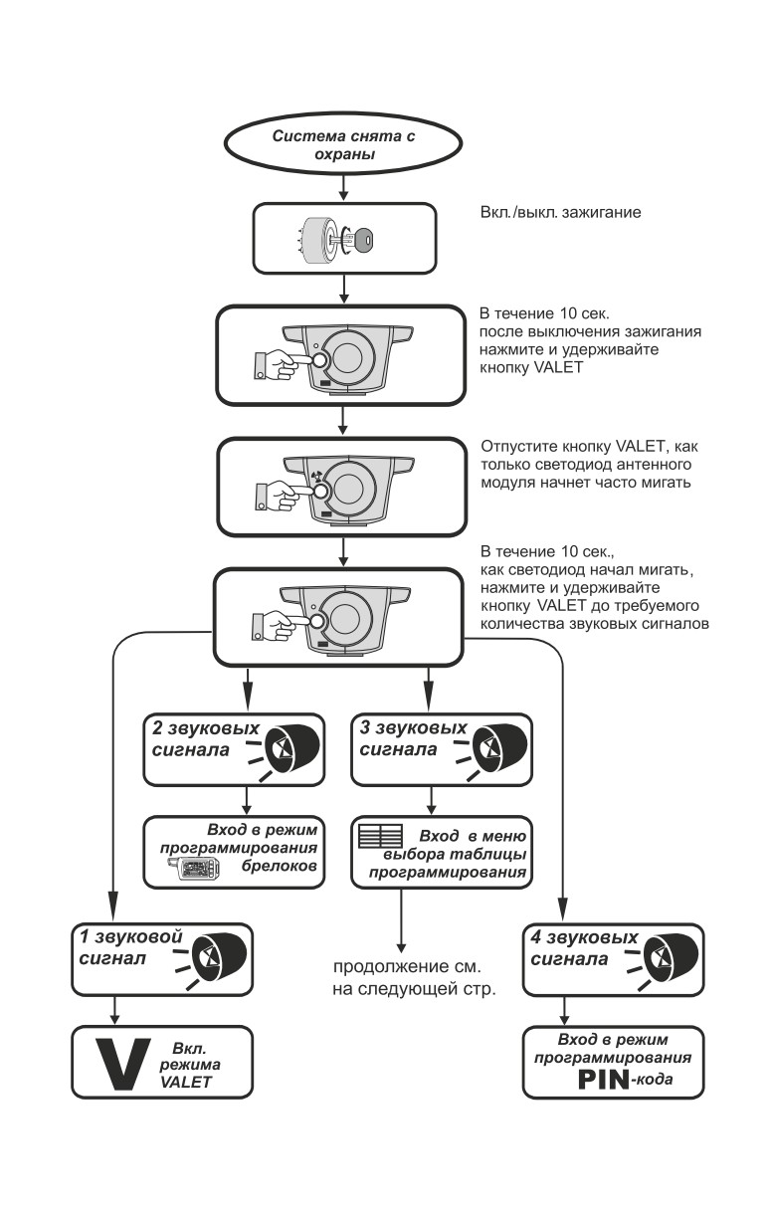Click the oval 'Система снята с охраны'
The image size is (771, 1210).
click(343, 144)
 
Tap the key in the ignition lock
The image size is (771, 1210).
click(357, 239)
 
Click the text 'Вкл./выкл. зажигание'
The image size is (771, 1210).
click(560, 212)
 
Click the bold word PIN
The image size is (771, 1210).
click(603, 1080)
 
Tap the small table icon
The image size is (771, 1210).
click(381, 836)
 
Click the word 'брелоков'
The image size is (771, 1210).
click(279, 866)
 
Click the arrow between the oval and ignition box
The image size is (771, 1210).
click(343, 188)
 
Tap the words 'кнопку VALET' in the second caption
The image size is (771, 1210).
click(531, 367)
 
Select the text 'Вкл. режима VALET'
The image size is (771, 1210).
click(189, 1065)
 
